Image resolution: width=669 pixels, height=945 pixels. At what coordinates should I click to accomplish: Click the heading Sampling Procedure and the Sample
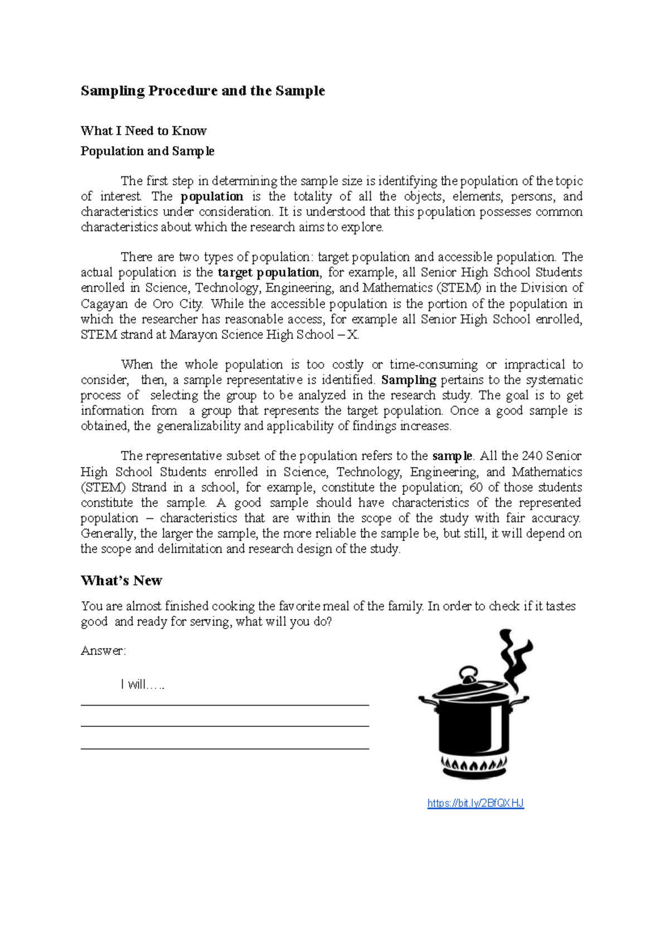click(202, 91)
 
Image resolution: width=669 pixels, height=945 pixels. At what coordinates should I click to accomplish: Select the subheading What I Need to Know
click(143, 131)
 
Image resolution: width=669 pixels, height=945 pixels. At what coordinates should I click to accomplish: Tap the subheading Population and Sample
click(147, 151)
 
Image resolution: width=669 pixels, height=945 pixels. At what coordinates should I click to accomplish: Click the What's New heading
click(121, 581)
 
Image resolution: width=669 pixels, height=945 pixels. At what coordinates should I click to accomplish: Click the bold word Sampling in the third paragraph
click(409, 380)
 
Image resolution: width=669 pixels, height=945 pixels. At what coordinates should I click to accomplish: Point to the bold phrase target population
click(268, 272)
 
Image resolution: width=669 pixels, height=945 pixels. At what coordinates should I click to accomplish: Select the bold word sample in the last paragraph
click(452, 456)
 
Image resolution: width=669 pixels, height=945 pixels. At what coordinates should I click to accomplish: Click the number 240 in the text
click(532, 456)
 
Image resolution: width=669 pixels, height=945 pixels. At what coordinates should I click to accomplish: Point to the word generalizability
click(198, 426)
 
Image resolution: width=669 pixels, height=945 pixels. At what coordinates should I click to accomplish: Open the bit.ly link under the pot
click(476, 803)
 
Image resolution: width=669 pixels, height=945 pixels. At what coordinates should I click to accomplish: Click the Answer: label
click(103, 651)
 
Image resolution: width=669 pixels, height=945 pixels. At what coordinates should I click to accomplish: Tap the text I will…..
click(143, 684)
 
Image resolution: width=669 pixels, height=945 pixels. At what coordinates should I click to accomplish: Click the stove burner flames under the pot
click(474, 764)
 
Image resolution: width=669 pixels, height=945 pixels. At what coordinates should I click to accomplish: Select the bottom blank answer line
click(225, 748)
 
